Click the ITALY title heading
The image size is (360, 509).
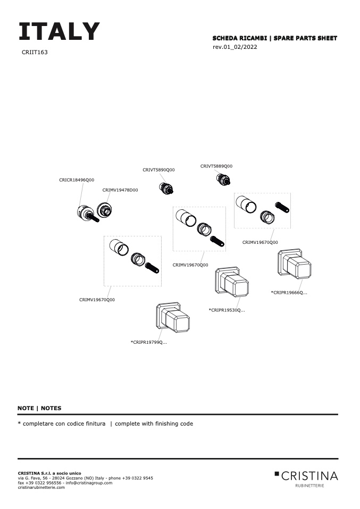pos(59,32)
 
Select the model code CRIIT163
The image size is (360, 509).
pos(35,53)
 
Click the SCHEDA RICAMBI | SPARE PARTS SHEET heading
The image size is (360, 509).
pos(274,38)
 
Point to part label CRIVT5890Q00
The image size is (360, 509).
pos(158,170)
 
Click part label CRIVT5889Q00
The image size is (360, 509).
pos(216,166)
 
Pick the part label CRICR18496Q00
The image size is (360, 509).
pos(77,180)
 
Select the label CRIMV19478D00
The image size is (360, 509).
pos(120,190)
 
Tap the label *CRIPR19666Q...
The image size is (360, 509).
pos(289,293)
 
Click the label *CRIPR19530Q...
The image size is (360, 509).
pos(227,310)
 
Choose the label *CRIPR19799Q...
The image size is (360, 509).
pos(149,342)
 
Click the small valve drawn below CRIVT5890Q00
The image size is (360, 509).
pos(168,188)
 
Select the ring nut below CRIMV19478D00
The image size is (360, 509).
pos(105,210)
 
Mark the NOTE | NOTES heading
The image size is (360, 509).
pos(39,408)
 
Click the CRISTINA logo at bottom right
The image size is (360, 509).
pos(306,476)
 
